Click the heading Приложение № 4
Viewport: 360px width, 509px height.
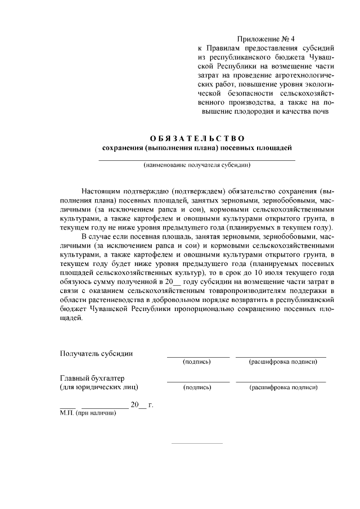click(266, 39)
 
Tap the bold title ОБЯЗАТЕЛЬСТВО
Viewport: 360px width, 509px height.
click(197, 138)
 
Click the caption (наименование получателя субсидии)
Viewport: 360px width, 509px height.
click(197, 165)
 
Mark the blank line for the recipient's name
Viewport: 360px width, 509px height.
click(197, 160)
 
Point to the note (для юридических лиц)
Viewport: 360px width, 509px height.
click(99, 387)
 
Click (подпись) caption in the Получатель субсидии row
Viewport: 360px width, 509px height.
click(197, 362)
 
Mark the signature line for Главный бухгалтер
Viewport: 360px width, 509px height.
click(198, 382)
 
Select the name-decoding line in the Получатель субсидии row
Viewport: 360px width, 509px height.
click(281, 357)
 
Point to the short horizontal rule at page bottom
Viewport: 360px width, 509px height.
click(197, 443)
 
